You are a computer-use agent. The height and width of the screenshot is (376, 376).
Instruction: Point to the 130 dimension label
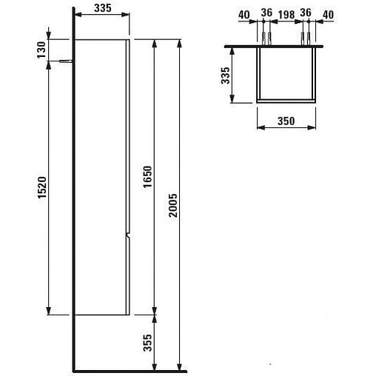[x=42, y=49]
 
